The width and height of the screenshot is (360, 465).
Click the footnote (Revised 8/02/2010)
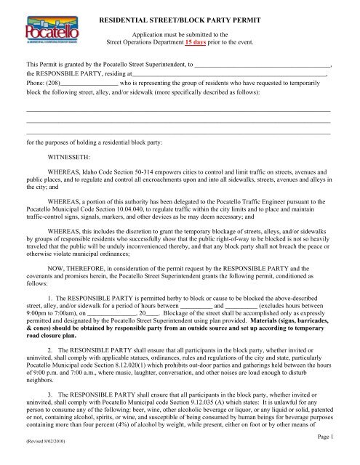[x=47, y=459]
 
